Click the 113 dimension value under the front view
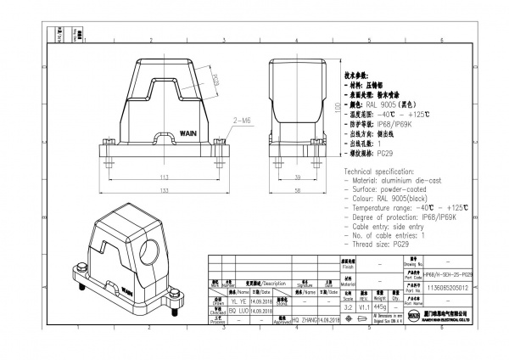164,178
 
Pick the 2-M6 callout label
240,121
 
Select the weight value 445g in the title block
367,306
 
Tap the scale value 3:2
347,306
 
